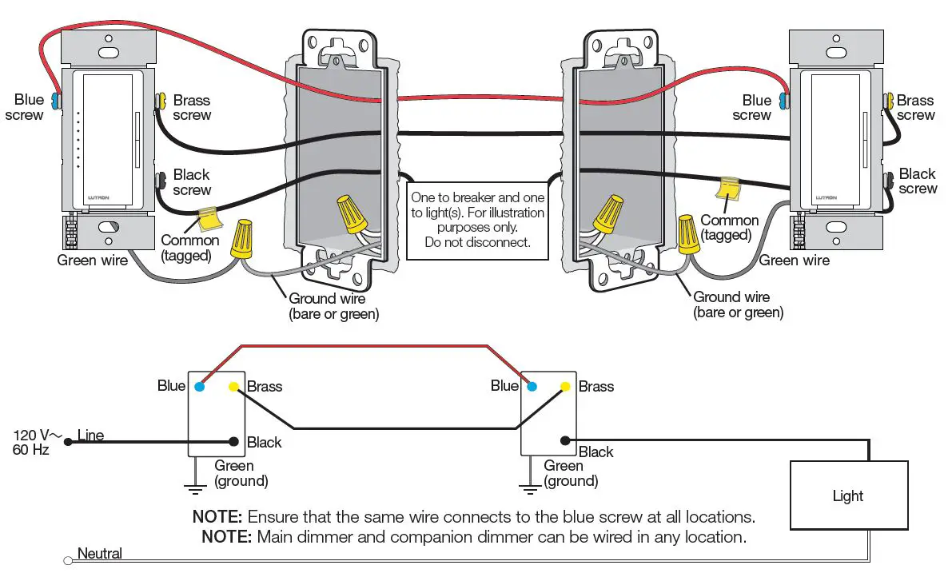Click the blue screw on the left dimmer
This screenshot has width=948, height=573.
(x=57, y=100)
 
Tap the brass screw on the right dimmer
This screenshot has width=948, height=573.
(x=888, y=101)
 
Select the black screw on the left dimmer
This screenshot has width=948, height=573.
(x=161, y=180)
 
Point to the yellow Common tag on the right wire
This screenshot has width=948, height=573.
(x=728, y=188)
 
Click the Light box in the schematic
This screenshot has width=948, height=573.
(x=849, y=495)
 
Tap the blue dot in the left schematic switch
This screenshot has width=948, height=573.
(x=200, y=386)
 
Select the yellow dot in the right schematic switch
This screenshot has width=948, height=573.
(x=565, y=386)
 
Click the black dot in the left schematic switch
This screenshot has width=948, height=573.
(x=233, y=442)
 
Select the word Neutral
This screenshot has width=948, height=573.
(x=100, y=553)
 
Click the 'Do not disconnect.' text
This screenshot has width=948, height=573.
(x=478, y=242)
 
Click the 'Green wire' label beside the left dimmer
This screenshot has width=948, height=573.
(x=93, y=261)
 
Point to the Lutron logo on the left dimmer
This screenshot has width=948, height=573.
(x=98, y=197)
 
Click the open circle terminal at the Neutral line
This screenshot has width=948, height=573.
(x=68, y=561)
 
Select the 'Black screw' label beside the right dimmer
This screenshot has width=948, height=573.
(x=917, y=181)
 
